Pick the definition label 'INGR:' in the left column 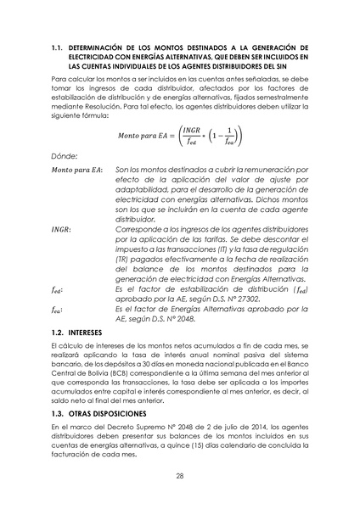pyautogui.click(x=61, y=228)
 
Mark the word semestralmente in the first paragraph pyautogui.click(x=280, y=98)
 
